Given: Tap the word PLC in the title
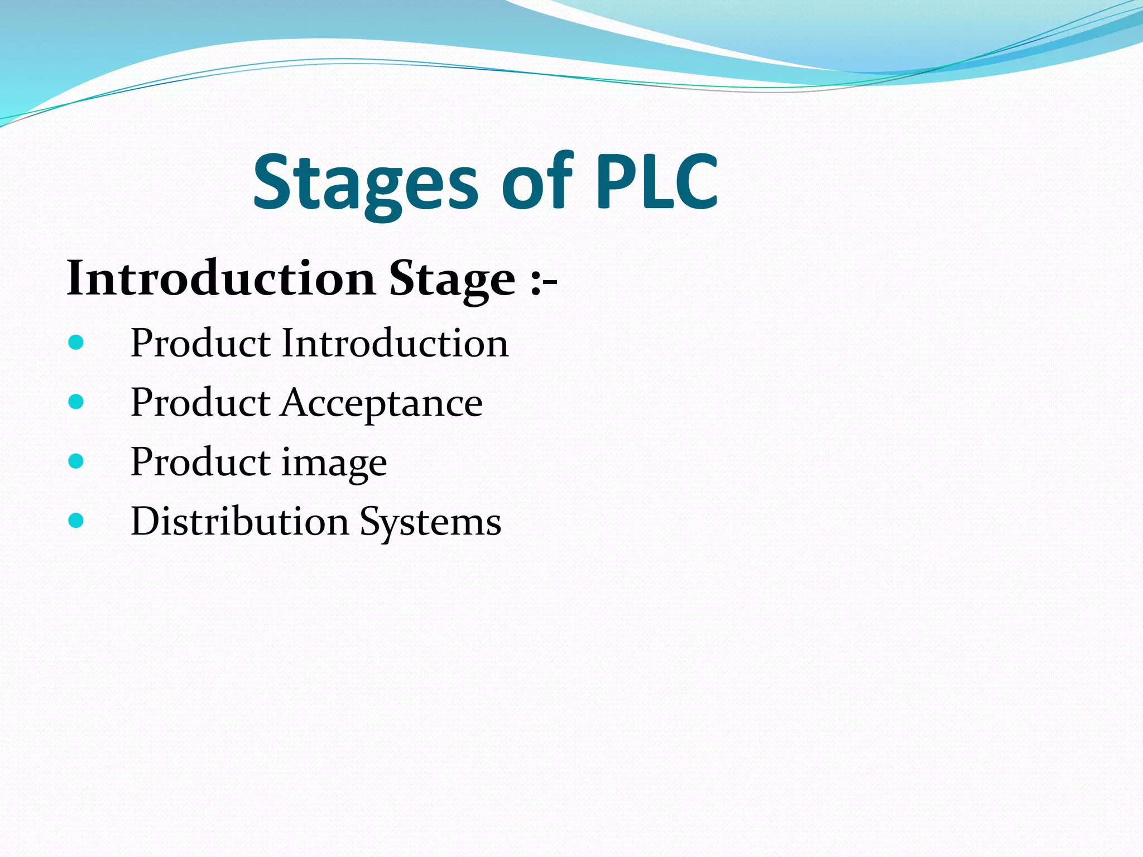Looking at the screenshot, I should (x=656, y=182).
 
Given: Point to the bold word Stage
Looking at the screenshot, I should (x=452, y=279).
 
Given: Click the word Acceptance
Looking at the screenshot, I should (x=382, y=403).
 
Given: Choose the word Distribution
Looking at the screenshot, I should (x=240, y=521).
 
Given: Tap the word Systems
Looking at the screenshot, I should (x=430, y=522).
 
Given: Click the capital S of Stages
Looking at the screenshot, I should (x=273, y=182).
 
